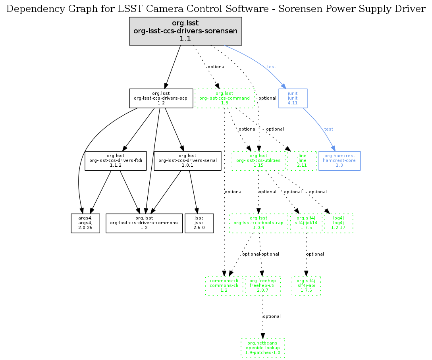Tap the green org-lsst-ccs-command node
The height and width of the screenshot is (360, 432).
[x=224, y=98]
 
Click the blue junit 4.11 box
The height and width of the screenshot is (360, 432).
[x=293, y=98]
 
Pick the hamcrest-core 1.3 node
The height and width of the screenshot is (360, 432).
[x=339, y=161]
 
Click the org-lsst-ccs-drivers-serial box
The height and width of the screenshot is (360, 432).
[x=187, y=161]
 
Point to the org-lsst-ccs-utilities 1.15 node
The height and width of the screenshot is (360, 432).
[x=258, y=161]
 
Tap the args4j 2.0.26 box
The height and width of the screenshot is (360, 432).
[x=85, y=223]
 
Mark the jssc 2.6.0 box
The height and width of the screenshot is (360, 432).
[x=199, y=223]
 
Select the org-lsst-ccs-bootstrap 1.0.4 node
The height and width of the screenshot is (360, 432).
[x=258, y=223]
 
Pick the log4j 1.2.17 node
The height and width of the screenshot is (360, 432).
[x=338, y=223]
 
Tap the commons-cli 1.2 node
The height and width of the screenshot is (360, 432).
[x=224, y=285]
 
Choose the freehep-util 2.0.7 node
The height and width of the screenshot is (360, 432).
[x=262, y=285]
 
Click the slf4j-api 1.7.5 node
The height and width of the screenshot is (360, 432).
[x=306, y=285]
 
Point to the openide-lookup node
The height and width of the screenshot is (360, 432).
[x=262, y=348]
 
